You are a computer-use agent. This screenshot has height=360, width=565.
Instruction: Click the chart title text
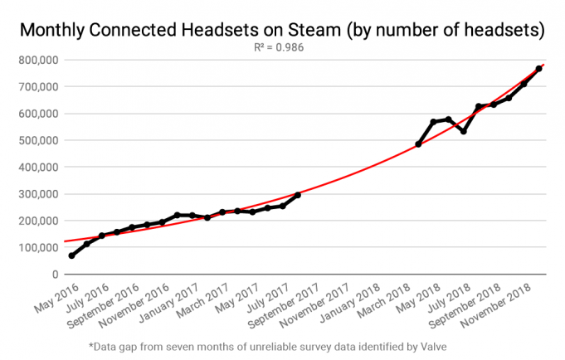click(281, 31)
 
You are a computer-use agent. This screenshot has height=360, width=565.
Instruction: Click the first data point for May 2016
click(71, 255)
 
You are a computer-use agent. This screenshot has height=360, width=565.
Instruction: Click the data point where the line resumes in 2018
click(418, 144)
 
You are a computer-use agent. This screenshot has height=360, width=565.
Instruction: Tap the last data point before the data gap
click(298, 195)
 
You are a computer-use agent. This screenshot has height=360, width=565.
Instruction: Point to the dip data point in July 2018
click(463, 131)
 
